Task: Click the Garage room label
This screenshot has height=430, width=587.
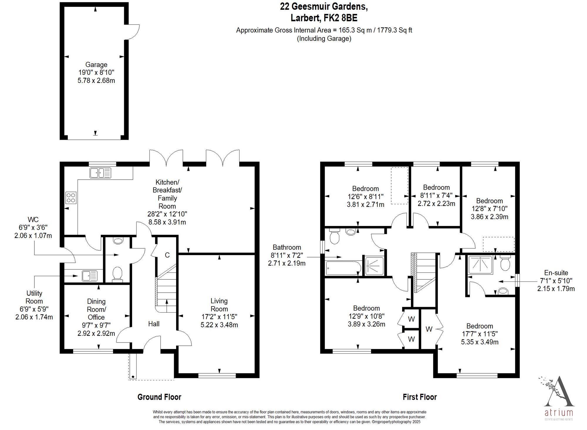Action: coord(96,65)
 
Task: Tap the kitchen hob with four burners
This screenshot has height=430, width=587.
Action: coord(71,198)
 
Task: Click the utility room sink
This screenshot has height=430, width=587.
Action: coord(90,276)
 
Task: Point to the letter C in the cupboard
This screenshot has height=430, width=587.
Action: coord(167,255)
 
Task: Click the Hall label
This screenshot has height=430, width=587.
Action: coord(154,324)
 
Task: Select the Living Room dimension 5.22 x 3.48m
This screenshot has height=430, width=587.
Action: coord(219,325)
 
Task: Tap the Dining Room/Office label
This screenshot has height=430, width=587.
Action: coord(96,309)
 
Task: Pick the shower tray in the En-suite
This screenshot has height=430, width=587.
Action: coord(480,265)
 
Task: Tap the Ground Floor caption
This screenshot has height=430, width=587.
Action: coord(159,397)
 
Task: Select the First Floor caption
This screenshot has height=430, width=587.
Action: coord(420,397)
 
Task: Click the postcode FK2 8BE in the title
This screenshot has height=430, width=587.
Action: coord(340,18)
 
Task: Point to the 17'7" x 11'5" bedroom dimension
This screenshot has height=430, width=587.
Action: coord(480,334)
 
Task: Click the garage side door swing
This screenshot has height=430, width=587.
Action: coord(133,33)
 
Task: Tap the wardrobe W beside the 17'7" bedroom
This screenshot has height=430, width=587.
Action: coord(429,329)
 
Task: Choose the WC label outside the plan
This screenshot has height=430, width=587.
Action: coord(33,220)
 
